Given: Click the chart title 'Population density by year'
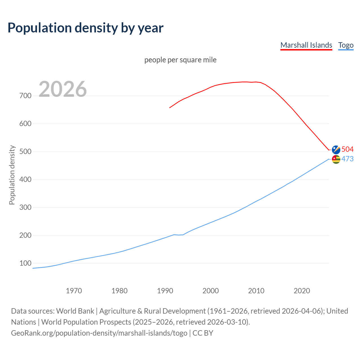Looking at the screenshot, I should (85, 28).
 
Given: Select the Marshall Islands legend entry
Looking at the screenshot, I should (306, 45).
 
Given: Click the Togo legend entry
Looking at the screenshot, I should (346, 45).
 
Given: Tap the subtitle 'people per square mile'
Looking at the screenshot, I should (180, 60).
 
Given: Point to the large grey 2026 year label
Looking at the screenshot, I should (63, 89).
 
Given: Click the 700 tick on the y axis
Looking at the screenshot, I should (25, 96).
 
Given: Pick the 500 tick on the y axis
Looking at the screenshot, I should (25, 152).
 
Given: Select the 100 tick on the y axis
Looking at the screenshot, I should (25, 263).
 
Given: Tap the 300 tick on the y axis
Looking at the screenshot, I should (25, 208).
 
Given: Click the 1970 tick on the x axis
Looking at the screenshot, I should (74, 291).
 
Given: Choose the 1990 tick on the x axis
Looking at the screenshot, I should (165, 291).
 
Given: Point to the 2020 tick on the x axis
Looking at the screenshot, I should (302, 291).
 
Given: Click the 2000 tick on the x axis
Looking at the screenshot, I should (211, 291).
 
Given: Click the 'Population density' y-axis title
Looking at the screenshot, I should (12, 175).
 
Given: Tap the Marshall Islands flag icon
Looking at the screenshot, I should (336, 150).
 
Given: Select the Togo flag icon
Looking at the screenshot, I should (336, 159).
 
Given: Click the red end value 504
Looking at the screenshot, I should (347, 149).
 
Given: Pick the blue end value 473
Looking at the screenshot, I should (347, 159).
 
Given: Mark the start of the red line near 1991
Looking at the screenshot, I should (170, 108).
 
